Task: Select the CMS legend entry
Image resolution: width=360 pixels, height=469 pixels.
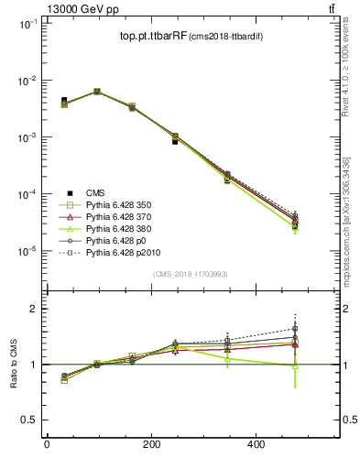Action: click(95, 192)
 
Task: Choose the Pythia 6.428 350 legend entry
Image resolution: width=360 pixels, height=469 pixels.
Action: click(122, 206)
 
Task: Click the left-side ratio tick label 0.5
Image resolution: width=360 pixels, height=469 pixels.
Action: click(27, 420)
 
